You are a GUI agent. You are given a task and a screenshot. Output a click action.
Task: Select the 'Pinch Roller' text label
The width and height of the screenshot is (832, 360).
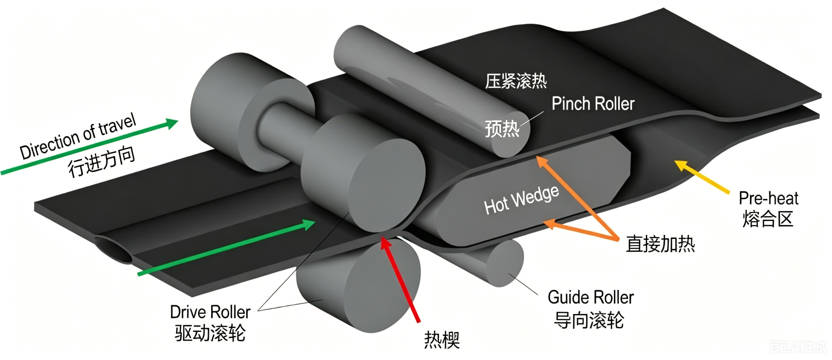click(x=593, y=104)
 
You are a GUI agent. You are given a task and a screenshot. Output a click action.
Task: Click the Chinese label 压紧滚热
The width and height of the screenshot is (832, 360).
click(x=516, y=81)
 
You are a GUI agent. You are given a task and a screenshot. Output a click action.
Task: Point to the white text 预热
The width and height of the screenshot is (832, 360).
click(x=502, y=129)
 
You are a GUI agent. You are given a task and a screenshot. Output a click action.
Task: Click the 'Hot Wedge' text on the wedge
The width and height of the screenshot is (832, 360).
click(x=521, y=200)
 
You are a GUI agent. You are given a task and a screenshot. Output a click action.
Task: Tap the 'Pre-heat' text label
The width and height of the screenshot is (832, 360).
click(x=768, y=198)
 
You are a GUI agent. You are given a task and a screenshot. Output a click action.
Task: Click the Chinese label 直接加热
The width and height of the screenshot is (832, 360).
click(x=660, y=244)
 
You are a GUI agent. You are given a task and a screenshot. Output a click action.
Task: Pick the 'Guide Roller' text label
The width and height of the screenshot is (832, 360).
click(x=591, y=297)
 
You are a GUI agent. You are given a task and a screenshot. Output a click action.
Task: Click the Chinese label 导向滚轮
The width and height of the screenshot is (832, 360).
click(x=589, y=320)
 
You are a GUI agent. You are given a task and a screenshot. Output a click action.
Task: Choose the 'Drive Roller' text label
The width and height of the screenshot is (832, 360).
click(x=210, y=312)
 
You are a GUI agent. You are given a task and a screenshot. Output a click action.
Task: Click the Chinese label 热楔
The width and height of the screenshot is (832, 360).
click(x=441, y=340)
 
